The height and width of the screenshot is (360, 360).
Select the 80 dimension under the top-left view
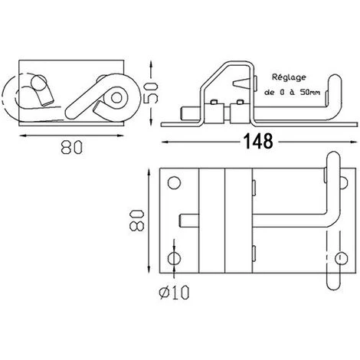tap(70, 150)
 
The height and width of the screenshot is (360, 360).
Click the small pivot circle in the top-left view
tap(117, 97)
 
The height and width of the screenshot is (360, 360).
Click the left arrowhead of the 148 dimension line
tap(164, 141)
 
